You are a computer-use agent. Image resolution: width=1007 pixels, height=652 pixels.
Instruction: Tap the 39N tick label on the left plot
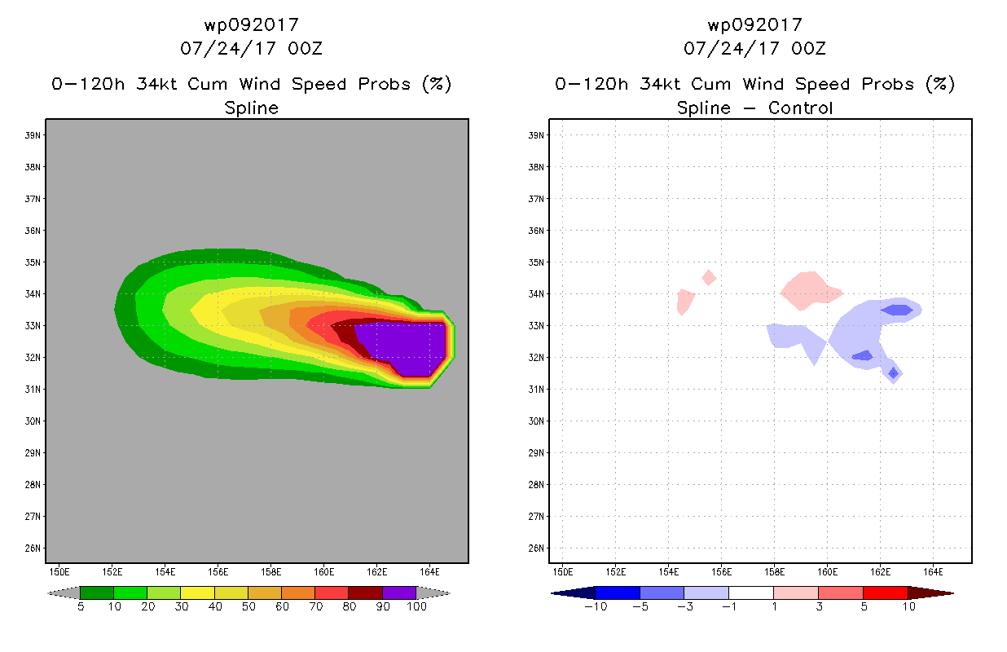click(33, 135)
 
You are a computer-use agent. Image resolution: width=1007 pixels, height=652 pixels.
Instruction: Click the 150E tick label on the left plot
click(59, 572)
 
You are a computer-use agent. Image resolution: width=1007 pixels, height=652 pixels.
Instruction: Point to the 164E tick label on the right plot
click(933, 572)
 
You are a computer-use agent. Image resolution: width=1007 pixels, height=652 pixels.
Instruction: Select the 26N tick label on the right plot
click(536, 548)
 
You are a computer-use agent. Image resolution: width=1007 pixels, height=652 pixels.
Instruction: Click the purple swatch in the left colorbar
click(399, 593)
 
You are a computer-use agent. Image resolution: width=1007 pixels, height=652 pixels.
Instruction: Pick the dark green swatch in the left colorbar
click(97, 593)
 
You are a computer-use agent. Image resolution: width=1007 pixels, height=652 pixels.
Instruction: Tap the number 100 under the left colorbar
click(416, 606)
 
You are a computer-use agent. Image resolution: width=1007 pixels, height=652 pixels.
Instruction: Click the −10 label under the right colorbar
click(596, 606)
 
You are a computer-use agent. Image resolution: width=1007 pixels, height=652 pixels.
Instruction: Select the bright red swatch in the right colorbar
click(886, 593)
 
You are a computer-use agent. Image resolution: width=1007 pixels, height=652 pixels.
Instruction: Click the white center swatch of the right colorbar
click(751, 593)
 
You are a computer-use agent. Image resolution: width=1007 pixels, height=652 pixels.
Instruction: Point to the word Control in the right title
click(800, 108)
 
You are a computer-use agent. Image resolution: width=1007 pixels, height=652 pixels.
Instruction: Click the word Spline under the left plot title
click(251, 108)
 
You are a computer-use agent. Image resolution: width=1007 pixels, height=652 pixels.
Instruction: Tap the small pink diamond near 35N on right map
click(709, 277)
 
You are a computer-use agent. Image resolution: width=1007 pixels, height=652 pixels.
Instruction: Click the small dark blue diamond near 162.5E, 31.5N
click(893, 373)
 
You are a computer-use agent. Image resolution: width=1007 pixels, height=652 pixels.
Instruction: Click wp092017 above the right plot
click(754, 25)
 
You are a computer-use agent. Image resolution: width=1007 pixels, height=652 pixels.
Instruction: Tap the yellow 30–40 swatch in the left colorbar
click(197, 593)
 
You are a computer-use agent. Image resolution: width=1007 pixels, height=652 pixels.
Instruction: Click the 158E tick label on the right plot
click(774, 572)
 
